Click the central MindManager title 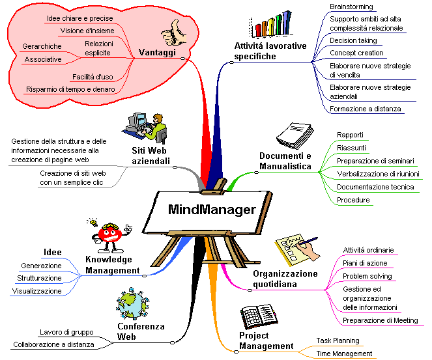(212, 210)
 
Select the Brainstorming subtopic (351, 7)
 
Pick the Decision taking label (353, 40)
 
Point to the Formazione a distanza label (365, 109)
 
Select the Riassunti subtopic (351, 148)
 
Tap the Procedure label (353, 200)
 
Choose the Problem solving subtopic (367, 276)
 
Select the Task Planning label (338, 340)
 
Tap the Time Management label (344, 353)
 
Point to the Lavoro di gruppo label (67, 331)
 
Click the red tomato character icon (109, 234)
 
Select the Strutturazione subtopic (40, 278)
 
